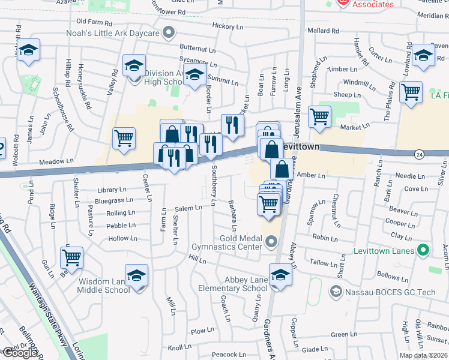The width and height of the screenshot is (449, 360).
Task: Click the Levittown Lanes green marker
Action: [424, 250]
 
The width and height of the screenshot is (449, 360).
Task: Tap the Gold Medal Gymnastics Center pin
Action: [271, 242]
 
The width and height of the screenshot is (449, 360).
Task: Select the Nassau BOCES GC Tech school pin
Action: [336, 292]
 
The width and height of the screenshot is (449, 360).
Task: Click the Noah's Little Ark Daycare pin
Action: [169, 32]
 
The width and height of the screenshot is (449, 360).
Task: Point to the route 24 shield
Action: [418, 154]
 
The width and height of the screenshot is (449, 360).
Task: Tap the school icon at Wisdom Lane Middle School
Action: [137, 275]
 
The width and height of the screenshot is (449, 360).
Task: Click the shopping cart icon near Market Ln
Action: [319, 116]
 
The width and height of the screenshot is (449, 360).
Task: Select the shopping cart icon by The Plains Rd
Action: [411, 92]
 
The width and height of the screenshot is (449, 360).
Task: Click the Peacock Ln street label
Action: [229, 355]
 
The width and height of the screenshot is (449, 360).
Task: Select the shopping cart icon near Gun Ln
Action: [71, 258]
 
